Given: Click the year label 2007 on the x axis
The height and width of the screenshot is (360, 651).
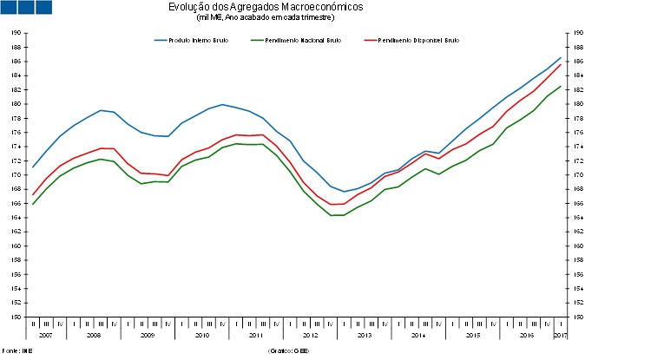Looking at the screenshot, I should [x=45, y=334].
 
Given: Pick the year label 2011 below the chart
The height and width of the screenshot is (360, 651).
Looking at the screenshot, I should [x=256, y=334].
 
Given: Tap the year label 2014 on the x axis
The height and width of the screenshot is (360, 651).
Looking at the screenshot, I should [x=418, y=334].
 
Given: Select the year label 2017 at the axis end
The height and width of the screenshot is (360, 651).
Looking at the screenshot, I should [x=560, y=334].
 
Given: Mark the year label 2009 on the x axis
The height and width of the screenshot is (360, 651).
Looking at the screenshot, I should [x=148, y=334].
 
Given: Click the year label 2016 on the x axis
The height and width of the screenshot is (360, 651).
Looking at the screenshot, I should [x=527, y=334].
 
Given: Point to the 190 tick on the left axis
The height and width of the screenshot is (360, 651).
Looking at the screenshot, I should [x=16, y=33].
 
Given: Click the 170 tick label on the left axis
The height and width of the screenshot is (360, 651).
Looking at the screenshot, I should [x=16, y=175].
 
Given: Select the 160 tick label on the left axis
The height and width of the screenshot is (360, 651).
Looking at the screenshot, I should [x=16, y=246].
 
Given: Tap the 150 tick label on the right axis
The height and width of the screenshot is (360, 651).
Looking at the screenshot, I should [x=579, y=317].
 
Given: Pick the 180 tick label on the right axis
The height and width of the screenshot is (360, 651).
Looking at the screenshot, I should [x=579, y=104].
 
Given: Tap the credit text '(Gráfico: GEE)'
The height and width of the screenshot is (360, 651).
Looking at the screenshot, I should [x=289, y=351].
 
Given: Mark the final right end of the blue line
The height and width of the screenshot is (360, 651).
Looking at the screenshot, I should [x=561, y=58].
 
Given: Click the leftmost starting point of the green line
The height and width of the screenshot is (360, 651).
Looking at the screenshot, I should [x=32, y=204].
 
